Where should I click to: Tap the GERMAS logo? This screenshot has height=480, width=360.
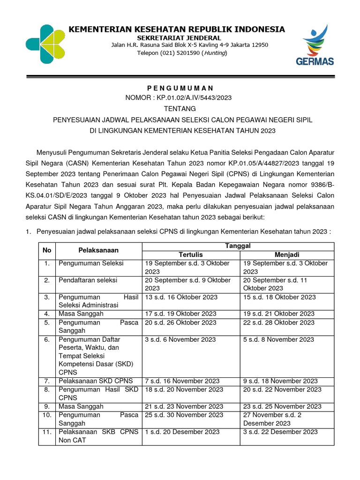[x=315, y=45]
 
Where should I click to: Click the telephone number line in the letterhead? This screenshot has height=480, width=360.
[x=182, y=53]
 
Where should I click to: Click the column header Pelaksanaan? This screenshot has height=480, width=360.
[x=98, y=250]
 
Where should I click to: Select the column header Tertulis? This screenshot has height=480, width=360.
[x=191, y=255]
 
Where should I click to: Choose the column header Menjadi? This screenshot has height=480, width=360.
[x=287, y=255]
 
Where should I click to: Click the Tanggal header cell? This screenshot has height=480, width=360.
[x=238, y=246]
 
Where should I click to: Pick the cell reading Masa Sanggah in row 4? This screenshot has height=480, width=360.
[x=81, y=314]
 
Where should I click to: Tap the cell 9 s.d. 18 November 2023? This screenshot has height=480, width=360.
[x=280, y=381]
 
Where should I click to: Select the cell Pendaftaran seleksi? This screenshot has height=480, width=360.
[x=88, y=280]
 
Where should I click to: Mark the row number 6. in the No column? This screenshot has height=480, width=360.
[x=47, y=339]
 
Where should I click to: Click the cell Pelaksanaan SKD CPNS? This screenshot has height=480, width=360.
[x=96, y=381]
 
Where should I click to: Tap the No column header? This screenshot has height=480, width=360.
[x=47, y=250]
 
